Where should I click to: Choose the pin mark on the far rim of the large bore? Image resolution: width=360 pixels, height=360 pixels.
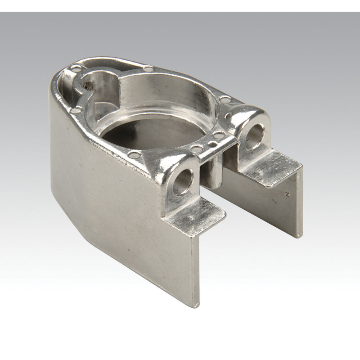pyautogui.click(x=147, y=69)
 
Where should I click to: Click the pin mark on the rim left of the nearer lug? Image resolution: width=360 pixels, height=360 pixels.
pyautogui.click(x=133, y=155)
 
